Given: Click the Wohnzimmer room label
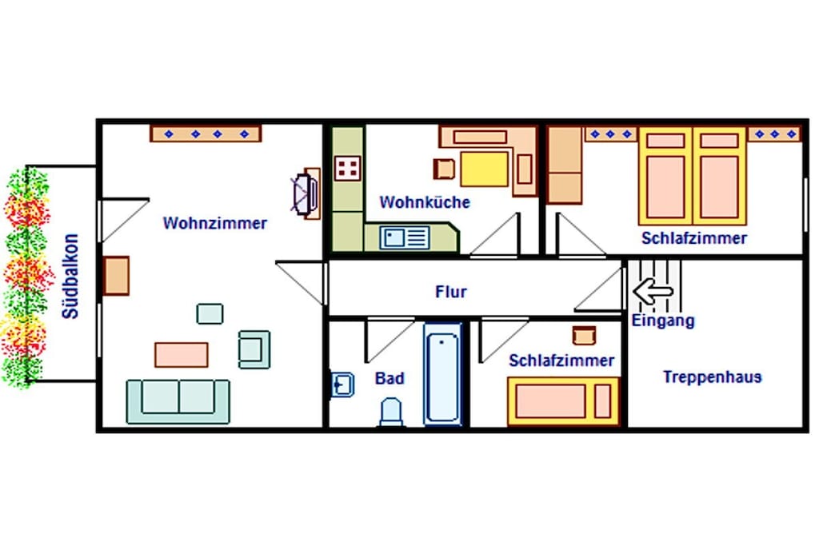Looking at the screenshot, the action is point(214,223).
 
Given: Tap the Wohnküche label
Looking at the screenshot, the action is point(425,202).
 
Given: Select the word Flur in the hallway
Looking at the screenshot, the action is point(451,291).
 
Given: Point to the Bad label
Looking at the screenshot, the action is point(390,378).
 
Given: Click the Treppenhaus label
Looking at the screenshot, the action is point(712,377).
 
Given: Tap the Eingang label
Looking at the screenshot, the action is point(663,321).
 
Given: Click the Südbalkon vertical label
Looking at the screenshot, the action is point(70,276).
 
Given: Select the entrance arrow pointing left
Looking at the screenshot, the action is point(653,291).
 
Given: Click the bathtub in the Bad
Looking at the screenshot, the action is point(442,375).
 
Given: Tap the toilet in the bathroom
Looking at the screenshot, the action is point(391,412).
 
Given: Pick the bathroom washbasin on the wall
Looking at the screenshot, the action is point(342,385).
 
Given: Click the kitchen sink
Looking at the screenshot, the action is point(405,238).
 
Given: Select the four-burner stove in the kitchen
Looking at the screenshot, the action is point(347,168).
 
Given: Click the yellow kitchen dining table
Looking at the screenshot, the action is point(484,169).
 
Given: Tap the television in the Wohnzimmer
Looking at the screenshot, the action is point(306,193).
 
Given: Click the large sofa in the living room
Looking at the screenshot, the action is point(178,401).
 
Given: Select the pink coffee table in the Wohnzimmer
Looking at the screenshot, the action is point(182,355).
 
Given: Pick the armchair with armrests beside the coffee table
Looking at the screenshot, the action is point(254,349).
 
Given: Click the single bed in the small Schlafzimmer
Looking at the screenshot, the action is point(563,401).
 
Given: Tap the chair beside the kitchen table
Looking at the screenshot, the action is point(444,169).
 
